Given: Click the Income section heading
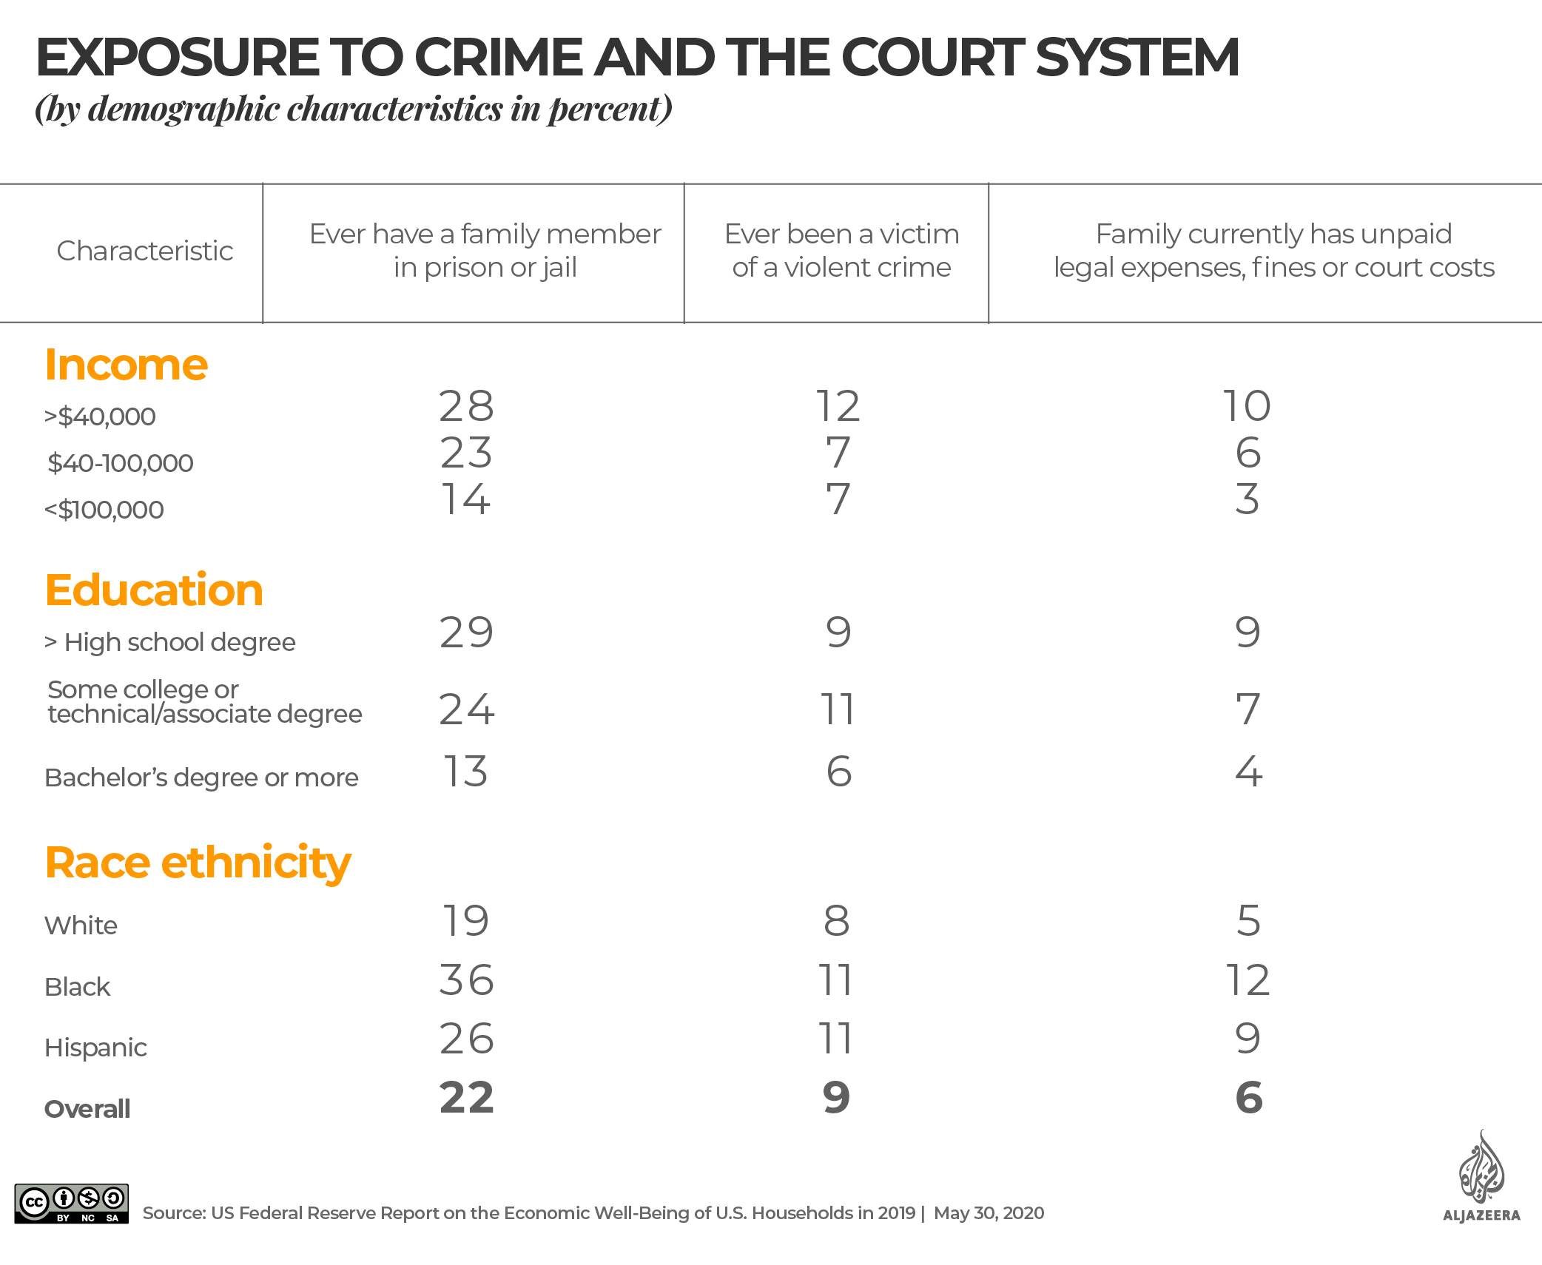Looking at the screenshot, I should (126, 365).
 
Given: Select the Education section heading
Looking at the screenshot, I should (154, 590).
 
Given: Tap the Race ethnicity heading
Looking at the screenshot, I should (198, 863).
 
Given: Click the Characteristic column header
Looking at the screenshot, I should (145, 251).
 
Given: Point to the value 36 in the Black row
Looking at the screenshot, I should (466, 980).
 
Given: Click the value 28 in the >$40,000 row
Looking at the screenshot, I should (466, 406).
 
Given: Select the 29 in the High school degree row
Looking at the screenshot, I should (466, 632).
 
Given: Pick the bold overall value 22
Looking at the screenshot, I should (466, 1098).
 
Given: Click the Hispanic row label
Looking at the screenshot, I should (95, 1048).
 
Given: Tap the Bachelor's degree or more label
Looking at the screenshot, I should (201, 777).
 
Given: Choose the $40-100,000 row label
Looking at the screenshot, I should (120, 463).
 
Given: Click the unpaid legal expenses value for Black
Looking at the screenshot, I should (1248, 980).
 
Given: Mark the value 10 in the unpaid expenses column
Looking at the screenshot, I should (1247, 406).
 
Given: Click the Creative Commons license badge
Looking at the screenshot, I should (72, 1204).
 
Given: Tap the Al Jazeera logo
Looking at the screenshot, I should (1481, 1177).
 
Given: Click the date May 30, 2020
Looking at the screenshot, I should (989, 1213).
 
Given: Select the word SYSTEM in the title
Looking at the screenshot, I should (1137, 58).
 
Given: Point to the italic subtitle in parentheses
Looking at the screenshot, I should (354, 109).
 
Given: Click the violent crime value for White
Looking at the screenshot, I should (837, 921).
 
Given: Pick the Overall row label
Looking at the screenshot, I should (87, 1109).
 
